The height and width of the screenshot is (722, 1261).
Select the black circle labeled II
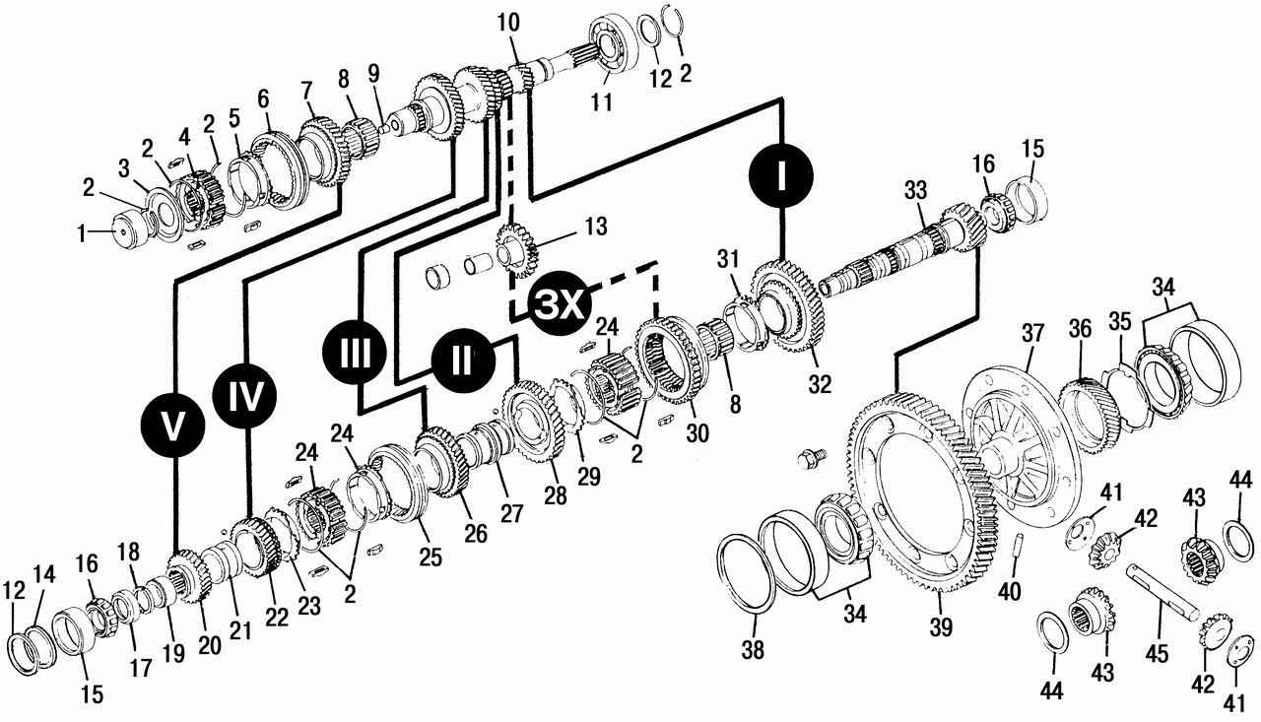461,359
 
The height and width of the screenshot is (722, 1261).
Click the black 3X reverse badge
559,305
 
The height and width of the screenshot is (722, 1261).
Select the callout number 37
1031,334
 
